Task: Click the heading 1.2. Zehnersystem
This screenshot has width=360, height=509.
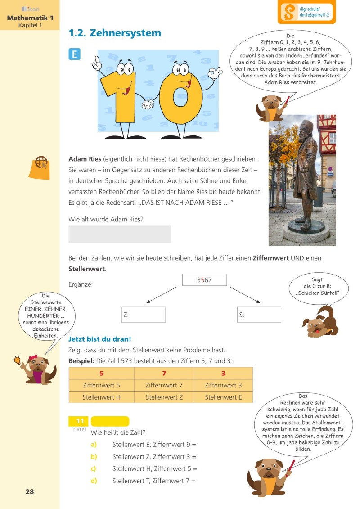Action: click(x=114, y=33)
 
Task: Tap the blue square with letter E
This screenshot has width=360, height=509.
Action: click(x=74, y=54)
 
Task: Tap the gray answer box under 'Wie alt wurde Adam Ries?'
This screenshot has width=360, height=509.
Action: click(x=120, y=234)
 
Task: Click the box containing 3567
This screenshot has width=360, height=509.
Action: click(x=204, y=280)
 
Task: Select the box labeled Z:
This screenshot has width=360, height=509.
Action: click(x=143, y=315)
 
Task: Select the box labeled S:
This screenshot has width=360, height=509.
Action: click(x=259, y=315)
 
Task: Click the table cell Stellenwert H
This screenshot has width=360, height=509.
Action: click(x=101, y=397)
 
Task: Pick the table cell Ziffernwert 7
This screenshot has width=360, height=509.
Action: click(x=164, y=385)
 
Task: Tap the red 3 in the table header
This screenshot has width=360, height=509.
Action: click(x=223, y=373)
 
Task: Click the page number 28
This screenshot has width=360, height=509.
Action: click(x=30, y=491)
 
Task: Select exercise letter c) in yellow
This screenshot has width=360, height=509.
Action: click(x=94, y=468)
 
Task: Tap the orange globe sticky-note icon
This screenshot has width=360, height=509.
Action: click(x=39, y=167)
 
